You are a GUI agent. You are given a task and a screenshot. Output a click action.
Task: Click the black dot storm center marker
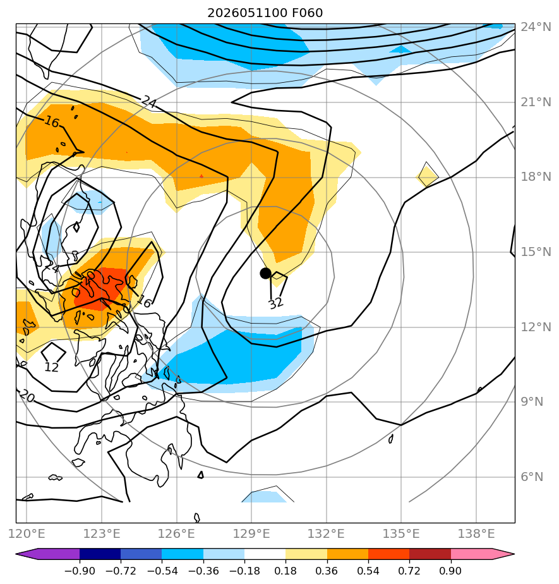(265, 274)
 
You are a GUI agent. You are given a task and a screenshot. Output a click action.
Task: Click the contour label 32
(276, 303)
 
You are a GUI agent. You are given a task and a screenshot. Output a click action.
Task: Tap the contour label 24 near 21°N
(149, 101)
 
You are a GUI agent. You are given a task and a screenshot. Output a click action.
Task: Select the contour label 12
(51, 368)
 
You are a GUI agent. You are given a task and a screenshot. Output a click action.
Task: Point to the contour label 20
(27, 396)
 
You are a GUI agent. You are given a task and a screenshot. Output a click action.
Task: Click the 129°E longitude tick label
(251, 533)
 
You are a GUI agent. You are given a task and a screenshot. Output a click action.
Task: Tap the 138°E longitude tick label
(476, 533)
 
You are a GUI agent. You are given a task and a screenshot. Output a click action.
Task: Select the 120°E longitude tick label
(27, 533)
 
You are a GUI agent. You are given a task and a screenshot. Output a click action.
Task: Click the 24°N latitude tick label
(536, 27)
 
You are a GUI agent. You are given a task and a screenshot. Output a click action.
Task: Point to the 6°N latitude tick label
(532, 477)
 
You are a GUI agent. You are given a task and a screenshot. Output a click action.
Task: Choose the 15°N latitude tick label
(536, 252)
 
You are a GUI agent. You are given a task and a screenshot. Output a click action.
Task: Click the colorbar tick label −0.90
(80, 571)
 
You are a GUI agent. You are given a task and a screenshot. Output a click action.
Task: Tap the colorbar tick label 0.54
(368, 571)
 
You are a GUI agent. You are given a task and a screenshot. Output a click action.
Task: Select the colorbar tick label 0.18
(286, 571)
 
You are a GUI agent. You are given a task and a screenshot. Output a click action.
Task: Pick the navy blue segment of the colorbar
(100, 554)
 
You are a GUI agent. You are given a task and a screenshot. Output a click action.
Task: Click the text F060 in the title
(307, 13)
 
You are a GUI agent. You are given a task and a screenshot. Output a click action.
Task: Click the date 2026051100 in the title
(247, 13)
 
